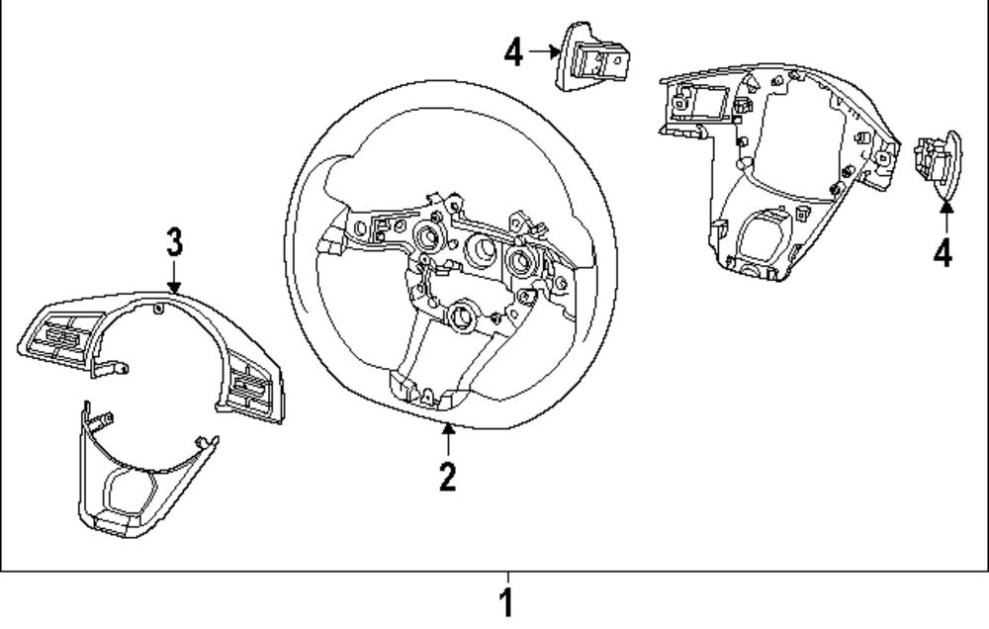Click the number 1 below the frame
coord(506,602)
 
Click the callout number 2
coord(447,477)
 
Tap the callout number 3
coord(173,239)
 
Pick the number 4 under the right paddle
coord(943,253)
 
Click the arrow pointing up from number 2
coord(448,440)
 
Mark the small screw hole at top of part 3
coord(159,310)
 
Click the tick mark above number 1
coord(507,578)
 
